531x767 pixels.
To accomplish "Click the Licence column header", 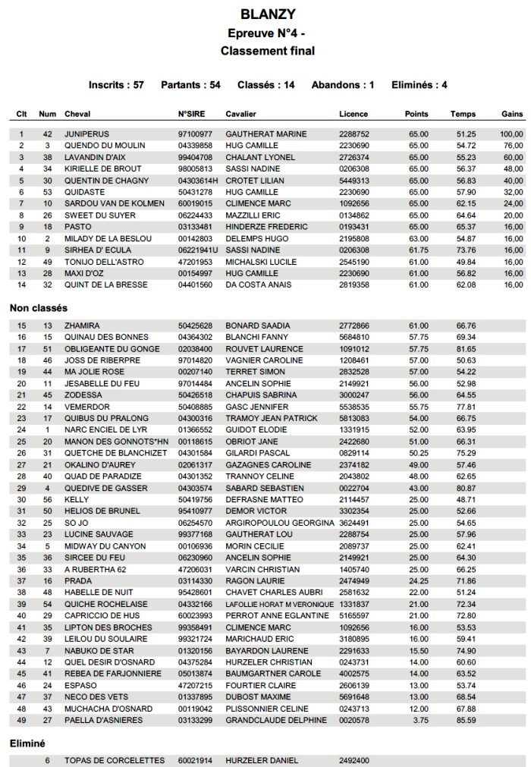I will (x=353, y=114).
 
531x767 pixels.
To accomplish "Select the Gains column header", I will (x=513, y=114).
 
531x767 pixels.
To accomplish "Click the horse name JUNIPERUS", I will (x=87, y=134).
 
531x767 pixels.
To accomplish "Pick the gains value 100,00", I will (x=512, y=134).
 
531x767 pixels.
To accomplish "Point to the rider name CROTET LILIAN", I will (x=255, y=181).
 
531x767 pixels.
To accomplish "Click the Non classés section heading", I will (x=38, y=309).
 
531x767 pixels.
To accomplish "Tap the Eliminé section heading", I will (x=27, y=744).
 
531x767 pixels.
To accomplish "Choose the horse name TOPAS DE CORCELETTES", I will (x=115, y=760).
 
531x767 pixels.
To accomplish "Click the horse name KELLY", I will (x=77, y=500).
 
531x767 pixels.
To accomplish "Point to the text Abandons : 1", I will (x=343, y=85).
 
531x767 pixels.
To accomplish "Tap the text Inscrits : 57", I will (x=116, y=85).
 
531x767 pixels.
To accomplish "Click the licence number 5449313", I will (x=353, y=181).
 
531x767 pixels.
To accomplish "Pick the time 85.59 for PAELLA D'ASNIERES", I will (x=466, y=719).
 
